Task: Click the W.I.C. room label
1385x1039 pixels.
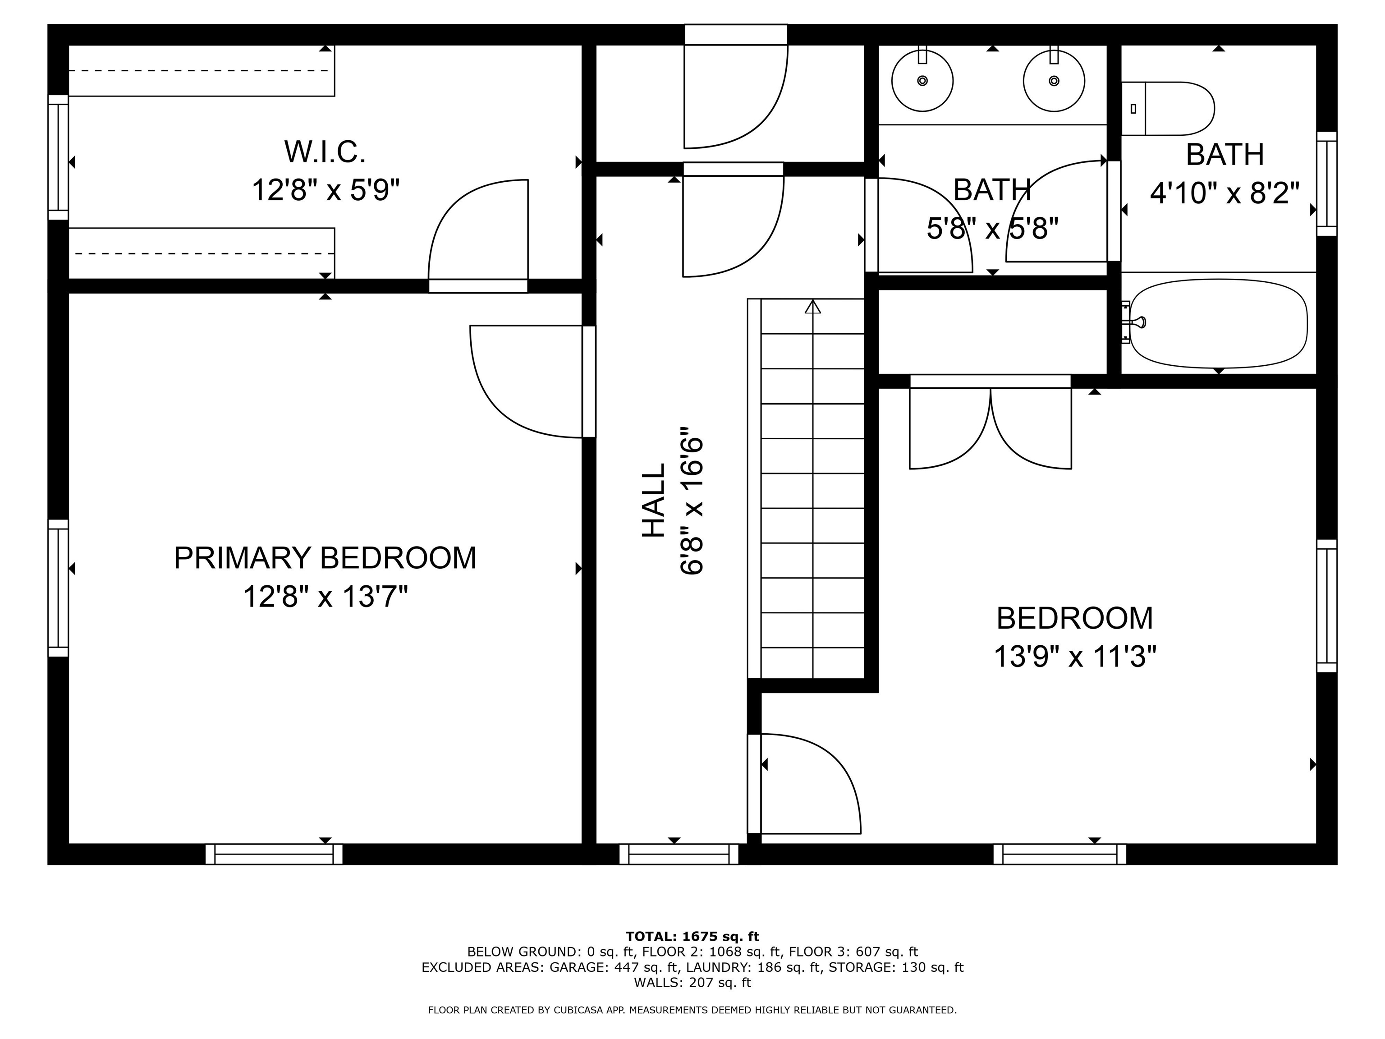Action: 325,152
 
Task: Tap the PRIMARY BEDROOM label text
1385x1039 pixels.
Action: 325,558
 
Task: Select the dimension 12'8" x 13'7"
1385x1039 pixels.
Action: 325,596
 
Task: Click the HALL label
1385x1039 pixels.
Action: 653,501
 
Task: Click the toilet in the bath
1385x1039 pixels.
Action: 1168,108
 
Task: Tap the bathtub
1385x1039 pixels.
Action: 1219,323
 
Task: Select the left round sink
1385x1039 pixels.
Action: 922,80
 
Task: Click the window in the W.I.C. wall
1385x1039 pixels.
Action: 58,157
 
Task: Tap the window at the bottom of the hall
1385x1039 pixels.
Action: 679,854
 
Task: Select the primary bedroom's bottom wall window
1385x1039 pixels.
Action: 274,854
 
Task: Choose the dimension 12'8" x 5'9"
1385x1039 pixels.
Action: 326,189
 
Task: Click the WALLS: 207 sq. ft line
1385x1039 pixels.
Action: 692,983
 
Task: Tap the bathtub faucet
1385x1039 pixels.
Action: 1133,322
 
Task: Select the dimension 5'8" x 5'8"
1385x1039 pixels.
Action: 992,228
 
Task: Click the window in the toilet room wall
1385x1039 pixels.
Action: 1327,184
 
